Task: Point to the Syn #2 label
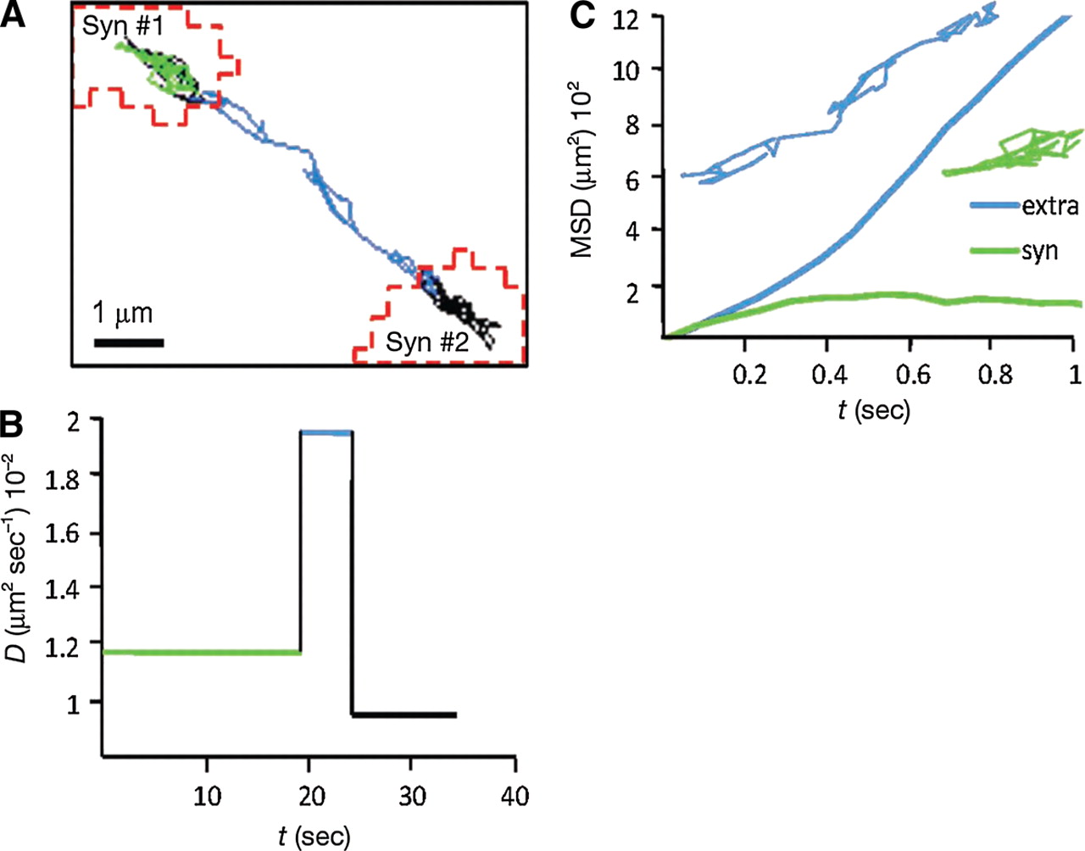(x=427, y=342)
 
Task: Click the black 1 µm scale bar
(x=128, y=343)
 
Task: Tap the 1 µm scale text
(x=122, y=314)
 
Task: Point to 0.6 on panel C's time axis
(x=910, y=375)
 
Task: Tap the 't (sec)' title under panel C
(x=873, y=411)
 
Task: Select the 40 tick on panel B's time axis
(x=515, y=796)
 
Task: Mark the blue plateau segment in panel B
(x=326, y=433)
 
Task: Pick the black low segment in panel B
(x=404, y=715)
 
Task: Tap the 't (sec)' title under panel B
(x=313, y=836)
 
